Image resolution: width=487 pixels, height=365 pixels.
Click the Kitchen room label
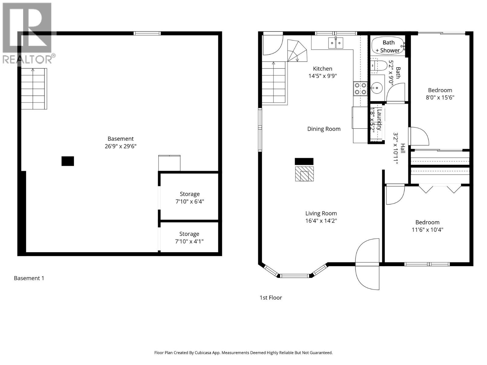(323, 69)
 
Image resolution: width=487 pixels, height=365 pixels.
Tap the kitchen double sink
(336, 43)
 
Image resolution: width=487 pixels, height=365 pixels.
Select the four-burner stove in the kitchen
(360, 89)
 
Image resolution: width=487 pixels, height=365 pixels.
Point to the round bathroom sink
(377, 88)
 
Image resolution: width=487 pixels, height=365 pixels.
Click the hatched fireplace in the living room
(304, 174)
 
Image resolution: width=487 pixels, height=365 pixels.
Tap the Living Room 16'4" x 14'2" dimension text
(321, 221)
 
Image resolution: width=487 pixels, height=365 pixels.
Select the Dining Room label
(324, 129)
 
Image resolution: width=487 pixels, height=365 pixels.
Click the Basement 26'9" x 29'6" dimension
(121, 146)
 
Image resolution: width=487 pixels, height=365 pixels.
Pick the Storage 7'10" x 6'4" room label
(190, 198)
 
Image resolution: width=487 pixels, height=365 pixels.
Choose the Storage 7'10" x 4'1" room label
(189, 238)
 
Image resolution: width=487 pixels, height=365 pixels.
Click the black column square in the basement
(68, 161)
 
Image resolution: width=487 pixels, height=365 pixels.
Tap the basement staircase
(34, 89)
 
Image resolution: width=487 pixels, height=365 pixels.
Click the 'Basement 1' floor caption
(29, 278)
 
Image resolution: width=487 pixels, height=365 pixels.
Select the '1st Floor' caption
(271, 297)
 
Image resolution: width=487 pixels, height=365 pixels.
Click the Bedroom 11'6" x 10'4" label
(427, 226)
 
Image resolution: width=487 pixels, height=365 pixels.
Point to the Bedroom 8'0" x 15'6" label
(440, 94)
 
